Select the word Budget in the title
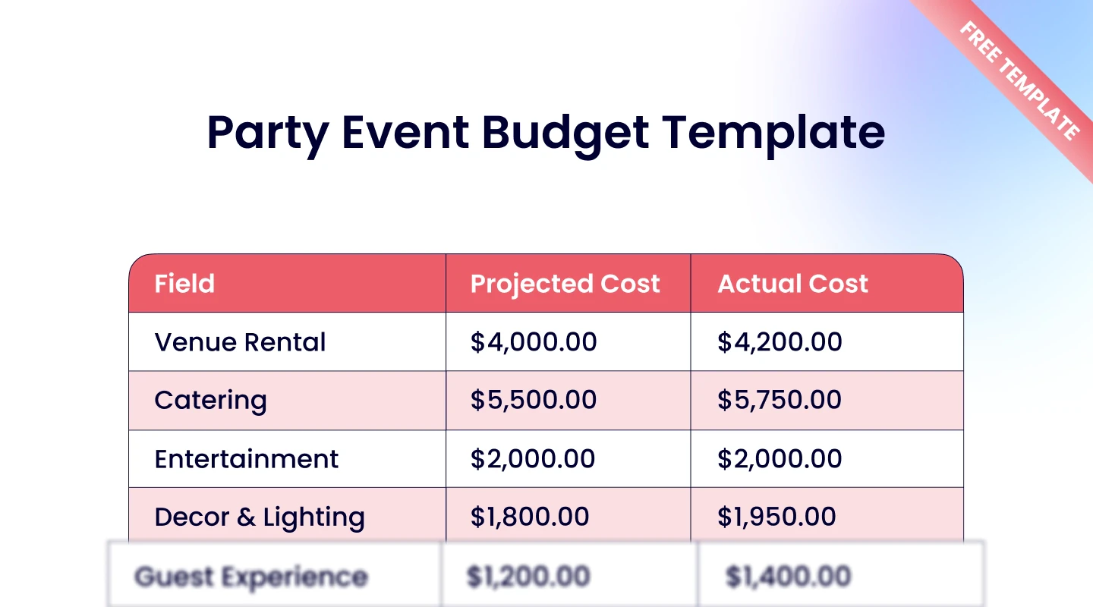565,133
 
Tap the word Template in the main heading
773,133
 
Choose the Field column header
184,284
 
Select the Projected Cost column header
565,284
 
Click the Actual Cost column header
792,284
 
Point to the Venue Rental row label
240,342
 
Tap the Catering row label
210,401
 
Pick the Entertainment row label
247,459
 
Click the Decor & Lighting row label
260,517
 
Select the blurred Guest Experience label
251,577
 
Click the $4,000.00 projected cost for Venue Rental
534,342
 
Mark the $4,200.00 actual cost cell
780,342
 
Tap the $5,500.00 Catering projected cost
534,401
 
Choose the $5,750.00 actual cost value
780,401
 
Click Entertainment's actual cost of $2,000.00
780,459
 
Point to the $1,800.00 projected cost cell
530,517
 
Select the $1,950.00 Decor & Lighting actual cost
776,517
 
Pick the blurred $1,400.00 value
788,577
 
